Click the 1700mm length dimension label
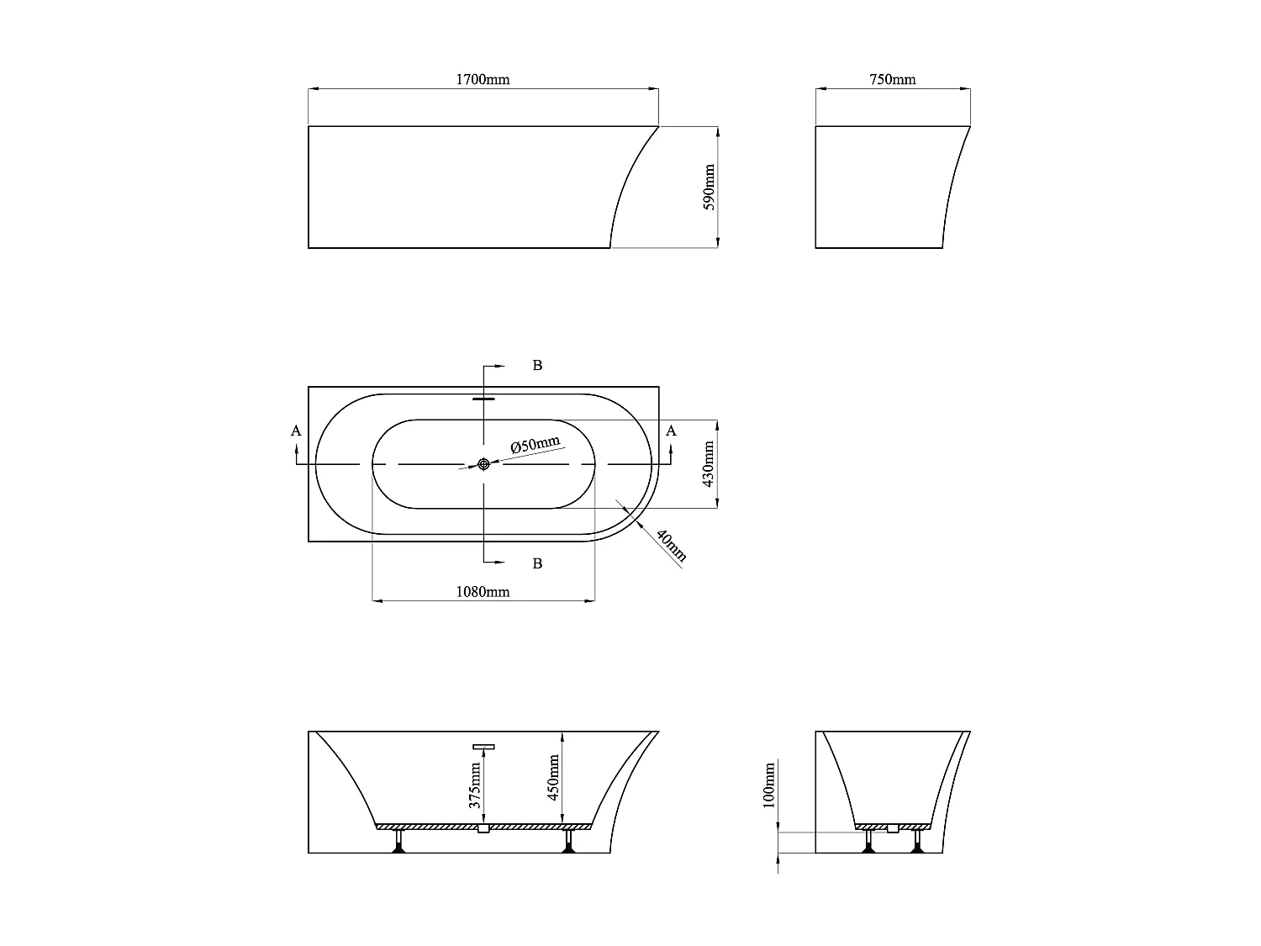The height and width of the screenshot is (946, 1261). (x=483, y=80)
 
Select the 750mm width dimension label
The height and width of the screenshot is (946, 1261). (x=892, y=80)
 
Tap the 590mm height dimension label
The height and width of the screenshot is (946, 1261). (x=709, y=187)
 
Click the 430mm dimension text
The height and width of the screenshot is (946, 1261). (x=708, y=464)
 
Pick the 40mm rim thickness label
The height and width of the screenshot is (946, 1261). (x=671, y=546)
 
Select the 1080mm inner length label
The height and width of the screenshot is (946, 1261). (x=483, y=591)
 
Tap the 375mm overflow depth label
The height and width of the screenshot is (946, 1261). (x=476, y=785)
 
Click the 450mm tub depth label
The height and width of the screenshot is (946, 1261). (x=554, y=777)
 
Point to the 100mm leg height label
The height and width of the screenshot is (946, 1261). (x=768, y=785)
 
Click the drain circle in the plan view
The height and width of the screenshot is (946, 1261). (x=483, y=464)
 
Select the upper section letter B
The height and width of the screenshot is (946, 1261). (x=538, y=365)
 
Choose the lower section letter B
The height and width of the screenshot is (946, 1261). (x=538, y=563)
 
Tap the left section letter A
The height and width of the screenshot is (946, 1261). (x=295, y=431)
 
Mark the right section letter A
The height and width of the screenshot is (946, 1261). (x=670, y=431)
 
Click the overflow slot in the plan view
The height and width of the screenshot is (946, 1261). (x=483, y=399)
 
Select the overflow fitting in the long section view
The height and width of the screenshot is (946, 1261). (x=483, y=746)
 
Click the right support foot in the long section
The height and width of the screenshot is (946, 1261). (x=569, y=843)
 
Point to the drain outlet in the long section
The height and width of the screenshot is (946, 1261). (x=483, y=829)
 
